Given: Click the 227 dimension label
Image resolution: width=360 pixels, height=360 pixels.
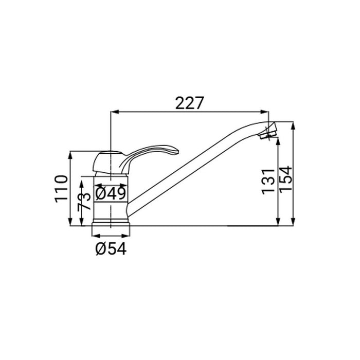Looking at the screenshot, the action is point(189,103).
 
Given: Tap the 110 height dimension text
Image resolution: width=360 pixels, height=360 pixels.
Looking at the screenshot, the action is point(61,189).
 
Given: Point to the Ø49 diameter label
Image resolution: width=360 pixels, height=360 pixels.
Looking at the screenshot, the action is point(111,193).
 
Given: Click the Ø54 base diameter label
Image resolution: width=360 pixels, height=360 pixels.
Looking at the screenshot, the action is point(111,248).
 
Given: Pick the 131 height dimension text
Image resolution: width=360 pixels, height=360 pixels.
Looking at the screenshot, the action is point(268,182).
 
